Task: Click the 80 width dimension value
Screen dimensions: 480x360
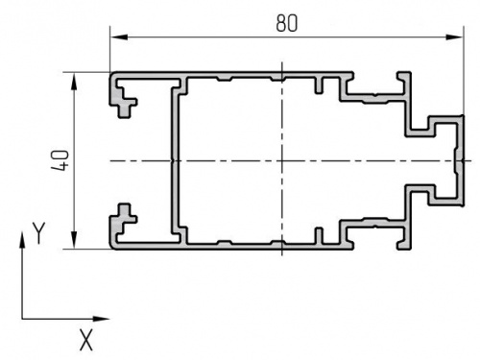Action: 287,23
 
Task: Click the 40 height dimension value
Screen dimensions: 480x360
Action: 60,160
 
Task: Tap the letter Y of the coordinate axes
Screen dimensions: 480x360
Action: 39,233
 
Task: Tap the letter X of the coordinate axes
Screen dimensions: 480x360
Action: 86,340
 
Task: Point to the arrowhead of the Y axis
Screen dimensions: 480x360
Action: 22,240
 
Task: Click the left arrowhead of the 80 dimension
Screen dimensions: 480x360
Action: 119,37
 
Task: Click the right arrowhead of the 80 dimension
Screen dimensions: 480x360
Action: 454,37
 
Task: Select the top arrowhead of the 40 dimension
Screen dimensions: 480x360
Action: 74,81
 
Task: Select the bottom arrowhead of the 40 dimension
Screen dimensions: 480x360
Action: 74,240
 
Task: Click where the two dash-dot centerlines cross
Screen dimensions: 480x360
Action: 282,160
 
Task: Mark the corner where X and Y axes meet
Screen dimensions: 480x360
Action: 22,319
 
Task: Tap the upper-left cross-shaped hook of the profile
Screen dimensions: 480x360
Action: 124,102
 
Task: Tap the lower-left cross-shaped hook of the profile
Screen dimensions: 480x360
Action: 124,219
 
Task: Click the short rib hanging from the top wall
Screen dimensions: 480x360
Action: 319,84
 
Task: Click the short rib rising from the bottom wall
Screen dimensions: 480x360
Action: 319,236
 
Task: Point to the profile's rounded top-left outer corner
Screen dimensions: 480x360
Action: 112,75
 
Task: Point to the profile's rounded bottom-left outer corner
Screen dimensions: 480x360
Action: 112,247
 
